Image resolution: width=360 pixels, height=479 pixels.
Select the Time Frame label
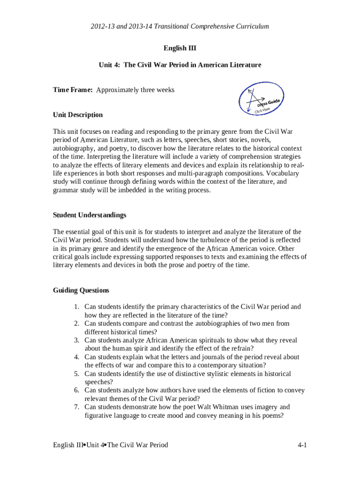click(73, 90)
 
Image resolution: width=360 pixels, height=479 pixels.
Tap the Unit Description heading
click(78, 115)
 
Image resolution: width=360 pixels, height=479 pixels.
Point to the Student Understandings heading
click(89, 215)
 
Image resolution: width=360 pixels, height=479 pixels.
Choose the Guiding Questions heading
click(81, 290)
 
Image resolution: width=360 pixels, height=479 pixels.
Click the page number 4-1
click(302, 445)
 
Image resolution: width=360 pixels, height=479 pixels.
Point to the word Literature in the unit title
click(240, 65)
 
